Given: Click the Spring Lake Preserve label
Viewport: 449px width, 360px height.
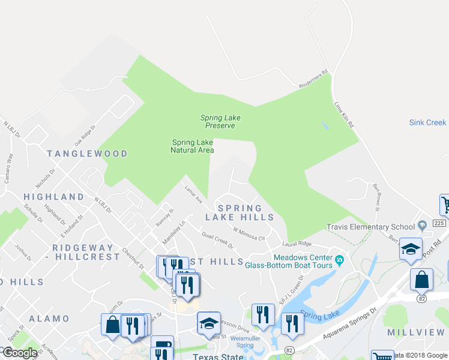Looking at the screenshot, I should pyautogui.click(x=220, y=122).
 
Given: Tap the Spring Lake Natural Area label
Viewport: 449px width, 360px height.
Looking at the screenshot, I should pyautogui.click(x=193, y=146).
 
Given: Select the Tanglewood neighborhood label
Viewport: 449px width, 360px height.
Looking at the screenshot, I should pyautogui.click(x=88, y=154).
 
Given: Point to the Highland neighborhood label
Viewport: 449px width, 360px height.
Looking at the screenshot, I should pyautogui.click(x=54, y=197).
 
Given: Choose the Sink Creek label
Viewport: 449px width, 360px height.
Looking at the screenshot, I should pyautogui.click(x=428, y=122).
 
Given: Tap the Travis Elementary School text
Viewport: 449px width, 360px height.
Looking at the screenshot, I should pyautogui.click(x=370, y=227).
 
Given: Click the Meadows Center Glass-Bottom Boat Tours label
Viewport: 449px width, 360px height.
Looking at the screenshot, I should pyautogui.click(x=291, y=261).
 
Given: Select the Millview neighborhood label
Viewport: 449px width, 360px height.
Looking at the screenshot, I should pyautogui.click(x=415, y=332).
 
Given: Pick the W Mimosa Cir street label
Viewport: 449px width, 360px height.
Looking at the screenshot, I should pyautogui.click(x=249, y=234).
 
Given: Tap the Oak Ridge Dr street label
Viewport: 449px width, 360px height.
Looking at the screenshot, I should pyautogui.click(x=85, y=137).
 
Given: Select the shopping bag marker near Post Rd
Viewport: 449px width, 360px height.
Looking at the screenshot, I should pyautogui.click(x=421, y=280).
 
